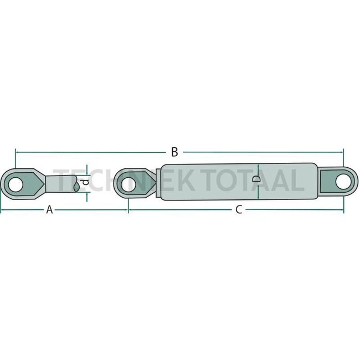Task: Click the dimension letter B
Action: tap(174, 151)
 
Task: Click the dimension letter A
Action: tap(49, 210)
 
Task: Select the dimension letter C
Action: tap(239, 210)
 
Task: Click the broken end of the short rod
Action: tap(74, 183)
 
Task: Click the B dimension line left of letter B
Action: tap(89, 151)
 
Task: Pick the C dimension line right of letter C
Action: tap(294, 210)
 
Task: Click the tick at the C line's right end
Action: tap(343, 210)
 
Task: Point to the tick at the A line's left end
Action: tap(2, 210)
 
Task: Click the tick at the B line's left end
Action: tap(16, 151)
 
